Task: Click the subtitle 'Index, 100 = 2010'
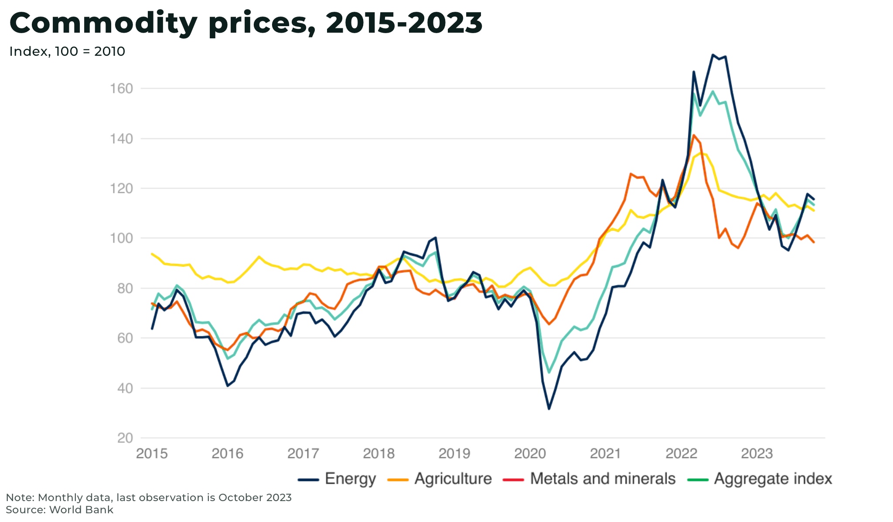pos(67,51)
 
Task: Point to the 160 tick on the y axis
pos(121,89)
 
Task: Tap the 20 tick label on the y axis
pos(125,438)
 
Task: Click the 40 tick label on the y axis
pos(125,388)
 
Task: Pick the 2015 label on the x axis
pos(152,454)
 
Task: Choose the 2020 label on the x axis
pos(530,454)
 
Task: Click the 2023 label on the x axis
pos(757,454)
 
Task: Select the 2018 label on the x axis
pos(378,454)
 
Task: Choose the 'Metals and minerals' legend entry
pos(589,479)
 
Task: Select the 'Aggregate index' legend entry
pos(760,479)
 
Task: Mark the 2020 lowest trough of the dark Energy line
pos(549,409)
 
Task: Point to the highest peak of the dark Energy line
pos(712,55)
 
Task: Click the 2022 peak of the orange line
pos(693,135)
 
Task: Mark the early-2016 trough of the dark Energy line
pos(228,386)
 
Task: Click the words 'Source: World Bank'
pos(59,510)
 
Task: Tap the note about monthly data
pos(148,498)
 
